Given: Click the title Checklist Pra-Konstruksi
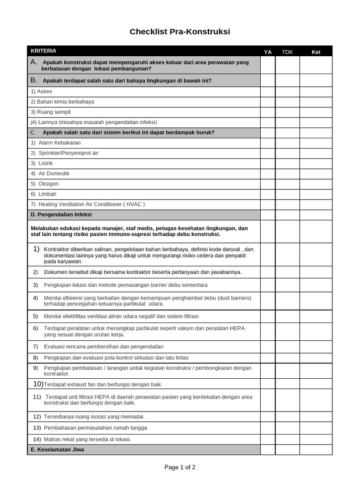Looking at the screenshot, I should tap(180, 32).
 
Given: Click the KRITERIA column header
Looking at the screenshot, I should tap(44, 51).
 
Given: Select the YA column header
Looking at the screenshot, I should tap(268, 52).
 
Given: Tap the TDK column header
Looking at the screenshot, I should tap(287, 52).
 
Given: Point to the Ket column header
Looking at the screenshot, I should tap(316, 52).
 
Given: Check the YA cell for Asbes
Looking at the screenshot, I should tap(268, 91).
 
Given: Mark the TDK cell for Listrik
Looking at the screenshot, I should tap(287, 164).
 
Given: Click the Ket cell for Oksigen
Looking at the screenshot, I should tap(316, 184).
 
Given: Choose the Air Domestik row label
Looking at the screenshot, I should tap(53, 173).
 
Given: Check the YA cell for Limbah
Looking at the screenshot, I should tap(268, 194).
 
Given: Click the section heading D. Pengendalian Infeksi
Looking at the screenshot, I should tap(61, 215).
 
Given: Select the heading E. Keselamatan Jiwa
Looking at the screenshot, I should tap(58, 450).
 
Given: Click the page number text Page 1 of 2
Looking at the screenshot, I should tap(180, 467).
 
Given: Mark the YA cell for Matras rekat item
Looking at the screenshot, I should tap(268, 439).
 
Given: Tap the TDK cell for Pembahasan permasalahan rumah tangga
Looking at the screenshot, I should tap(287, 428).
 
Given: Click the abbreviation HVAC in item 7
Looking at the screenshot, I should tap(134, 204).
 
